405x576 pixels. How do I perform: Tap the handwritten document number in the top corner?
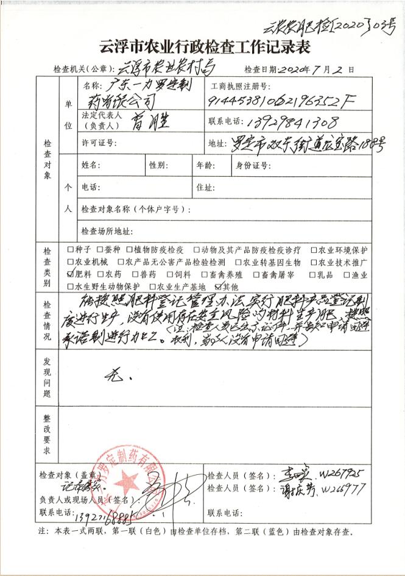[x=329, y=26]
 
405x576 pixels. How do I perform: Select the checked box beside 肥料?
[x=69, y=275]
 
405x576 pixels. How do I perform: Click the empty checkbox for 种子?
[x=69, y=250]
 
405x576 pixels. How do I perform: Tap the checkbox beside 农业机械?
[x=69, y=262]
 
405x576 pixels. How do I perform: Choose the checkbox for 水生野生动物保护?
[x=69, y=286]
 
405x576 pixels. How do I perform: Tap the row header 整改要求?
[x=47, y=434]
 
